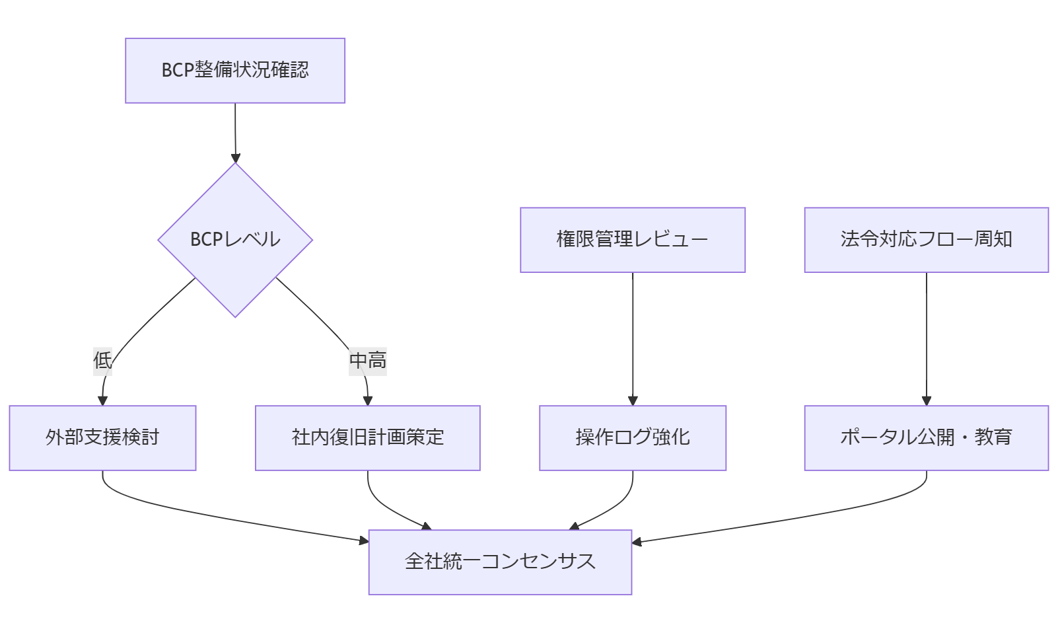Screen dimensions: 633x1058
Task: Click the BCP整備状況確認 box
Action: pos(235,71)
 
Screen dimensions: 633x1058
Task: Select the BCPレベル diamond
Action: pos(235,240)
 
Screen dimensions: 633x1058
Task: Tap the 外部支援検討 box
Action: pos(102,438)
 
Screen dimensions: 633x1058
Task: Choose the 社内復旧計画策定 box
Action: pos(367,438)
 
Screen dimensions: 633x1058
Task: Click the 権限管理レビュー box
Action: pos(632,240)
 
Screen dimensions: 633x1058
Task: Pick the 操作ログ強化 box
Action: pos(632,438)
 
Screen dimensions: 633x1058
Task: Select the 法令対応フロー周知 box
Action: pos(926,240)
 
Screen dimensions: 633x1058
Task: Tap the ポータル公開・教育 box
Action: pos(926,438)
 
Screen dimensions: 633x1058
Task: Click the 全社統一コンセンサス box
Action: pos(500,562)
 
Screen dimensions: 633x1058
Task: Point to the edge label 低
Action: pos(102,361)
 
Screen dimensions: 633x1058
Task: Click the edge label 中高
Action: pos(367,361)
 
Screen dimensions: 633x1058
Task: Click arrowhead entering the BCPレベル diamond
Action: pos(235,159)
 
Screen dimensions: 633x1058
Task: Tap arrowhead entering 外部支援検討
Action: pos(102,401)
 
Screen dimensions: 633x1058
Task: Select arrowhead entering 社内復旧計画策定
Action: pos(368,401)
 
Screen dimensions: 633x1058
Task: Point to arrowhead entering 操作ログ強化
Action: pos(633,401)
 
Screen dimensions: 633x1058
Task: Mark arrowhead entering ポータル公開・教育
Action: pos(926,401)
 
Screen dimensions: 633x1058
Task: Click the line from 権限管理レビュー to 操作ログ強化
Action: pos(633,337)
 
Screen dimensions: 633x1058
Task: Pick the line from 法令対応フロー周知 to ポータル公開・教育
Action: pos(926,337)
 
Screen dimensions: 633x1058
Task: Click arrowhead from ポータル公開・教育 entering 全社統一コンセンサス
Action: pos(637,542)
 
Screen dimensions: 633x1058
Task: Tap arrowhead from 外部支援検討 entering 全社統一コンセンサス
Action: pos(364,541)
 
